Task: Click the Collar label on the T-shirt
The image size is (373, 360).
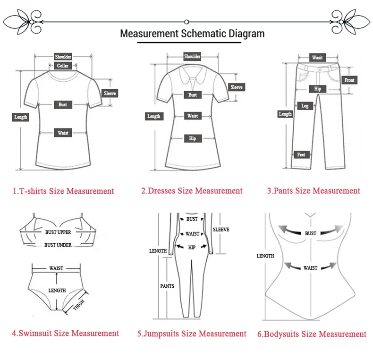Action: pyautogui.click(x=63, y=66)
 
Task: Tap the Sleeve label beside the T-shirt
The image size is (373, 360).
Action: pyautogui.click(x=110, y=94)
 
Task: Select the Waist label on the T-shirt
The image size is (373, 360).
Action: pyautogui.click(x=63, y=133)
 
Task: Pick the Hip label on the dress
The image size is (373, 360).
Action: pyautogui.click(x=193, y=138)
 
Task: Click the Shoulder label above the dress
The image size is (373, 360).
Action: pyautogui.click(x=192, y=56)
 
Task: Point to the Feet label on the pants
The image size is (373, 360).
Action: pyautogui.click(x=301, y=155)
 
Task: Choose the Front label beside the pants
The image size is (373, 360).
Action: pyautogui.click(x=349, y=80)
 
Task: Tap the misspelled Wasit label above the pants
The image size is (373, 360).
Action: pyautogui.click(x=317, y=58)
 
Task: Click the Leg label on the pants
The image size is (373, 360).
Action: pyautogui.click(x=305, y=106)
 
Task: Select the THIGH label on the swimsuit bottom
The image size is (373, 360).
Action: pyautogui.click(x=79, y=305)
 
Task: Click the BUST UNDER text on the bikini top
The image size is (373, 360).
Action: pyautogui.click(x=58, y=245)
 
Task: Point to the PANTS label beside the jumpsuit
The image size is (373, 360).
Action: pyautogui.click(x=167, y=286)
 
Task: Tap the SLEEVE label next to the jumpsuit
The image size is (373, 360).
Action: pyautogui.click(x=221, y=230)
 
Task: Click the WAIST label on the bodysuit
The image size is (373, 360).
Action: pyautogui.click(x=310, y=268)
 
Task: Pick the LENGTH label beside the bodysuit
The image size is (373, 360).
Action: pyautogui.click(x=265, y=256)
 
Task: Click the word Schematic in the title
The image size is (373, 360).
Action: pyautogui.click(x=203, y=34)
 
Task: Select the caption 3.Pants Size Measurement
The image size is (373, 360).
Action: pyautogui.click(x=314, y=191)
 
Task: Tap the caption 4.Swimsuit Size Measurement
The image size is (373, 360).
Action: pyautogui.click(x=66, y=333)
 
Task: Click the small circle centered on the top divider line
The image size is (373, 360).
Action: pyautogui.click(x=186, y=22)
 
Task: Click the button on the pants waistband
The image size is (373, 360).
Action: pyautogui.click(x=320, y=70)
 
